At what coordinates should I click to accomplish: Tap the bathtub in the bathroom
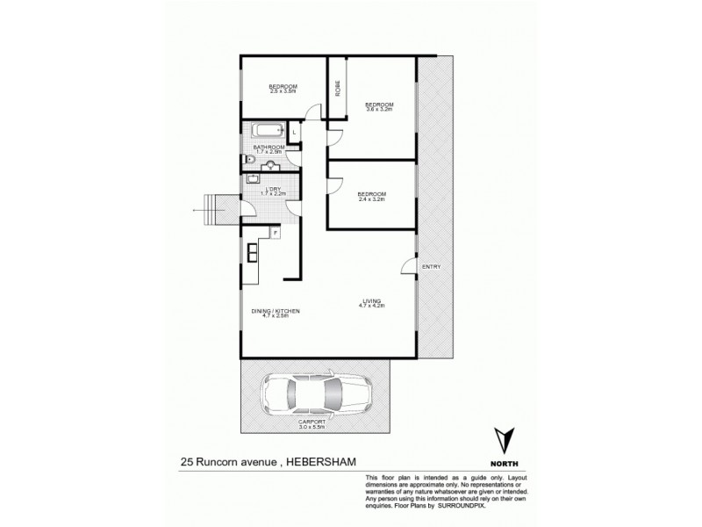point(267,132)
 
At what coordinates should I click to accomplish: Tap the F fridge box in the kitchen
point(275,233)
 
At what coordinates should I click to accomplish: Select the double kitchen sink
point(253,252)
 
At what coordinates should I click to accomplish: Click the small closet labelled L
point(294,132)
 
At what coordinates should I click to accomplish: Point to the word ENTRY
point(431,267)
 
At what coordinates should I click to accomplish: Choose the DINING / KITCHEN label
point(270,313)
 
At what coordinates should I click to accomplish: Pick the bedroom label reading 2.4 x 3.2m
point(371,197)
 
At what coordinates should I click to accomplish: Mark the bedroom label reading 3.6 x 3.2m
point(378,106)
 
